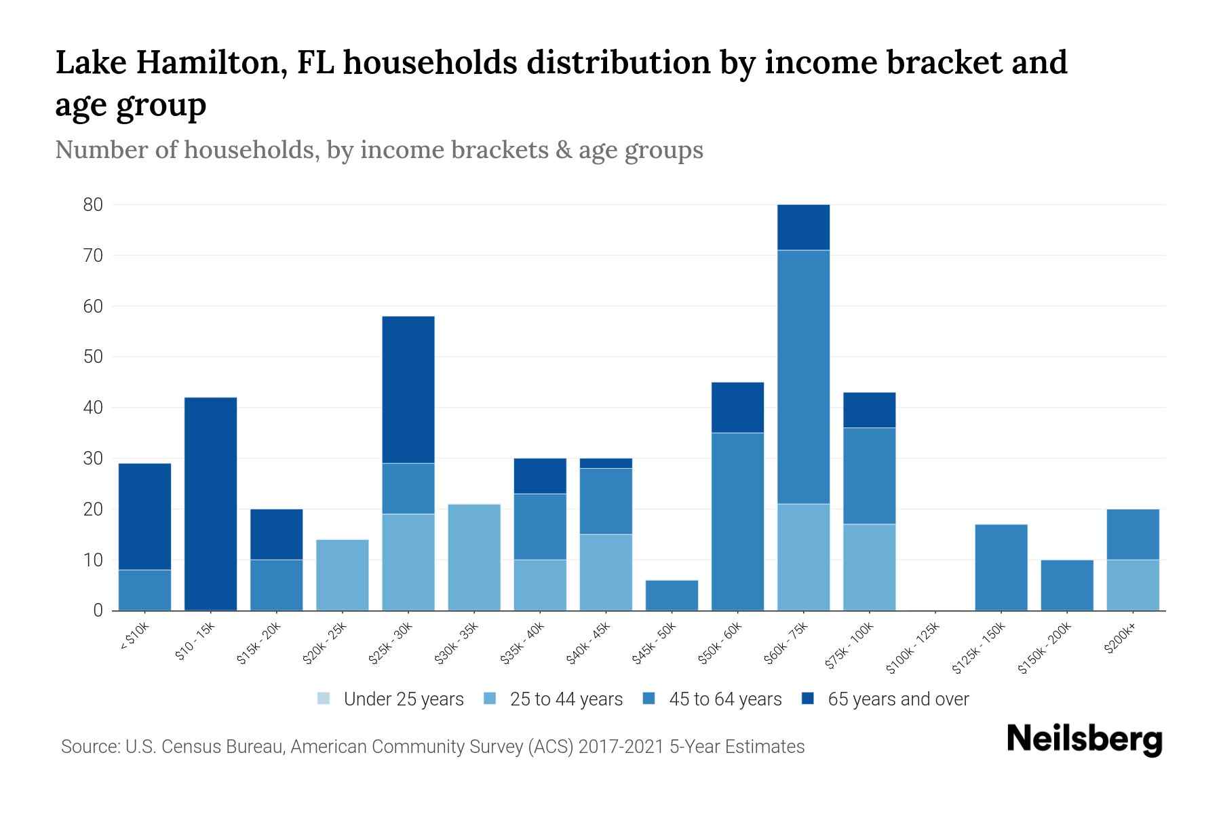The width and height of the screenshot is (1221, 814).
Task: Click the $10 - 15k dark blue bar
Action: [x=210, y=503]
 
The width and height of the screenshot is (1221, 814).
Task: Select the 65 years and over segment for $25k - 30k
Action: [x=408, y=389]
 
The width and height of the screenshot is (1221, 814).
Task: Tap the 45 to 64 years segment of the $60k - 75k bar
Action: [x=803, y=377]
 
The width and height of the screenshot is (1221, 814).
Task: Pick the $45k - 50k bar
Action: [x=672, y=595]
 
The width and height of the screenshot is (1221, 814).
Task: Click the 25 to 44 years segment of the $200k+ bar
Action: [x=1133, y=585]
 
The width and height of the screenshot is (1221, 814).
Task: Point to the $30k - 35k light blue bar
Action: [x=474, y=557]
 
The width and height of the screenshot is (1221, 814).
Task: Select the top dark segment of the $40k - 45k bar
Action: [x=606, y=463]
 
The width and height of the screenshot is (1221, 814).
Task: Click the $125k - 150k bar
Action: [x=1001, y=567]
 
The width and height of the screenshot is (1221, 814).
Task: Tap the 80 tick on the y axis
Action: [x=93, y=205]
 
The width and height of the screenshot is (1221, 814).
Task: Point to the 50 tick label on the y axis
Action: [x=93, y=357]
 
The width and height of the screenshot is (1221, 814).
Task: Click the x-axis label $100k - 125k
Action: [x=913, y=648]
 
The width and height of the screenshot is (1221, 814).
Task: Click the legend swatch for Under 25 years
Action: [x=324, y=699]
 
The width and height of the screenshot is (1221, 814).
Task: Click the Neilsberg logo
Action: [x=1084, y=739]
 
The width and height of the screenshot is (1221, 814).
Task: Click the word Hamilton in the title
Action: [x=211, y=62]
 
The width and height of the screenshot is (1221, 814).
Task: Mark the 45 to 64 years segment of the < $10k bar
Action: [x=144, y=590]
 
